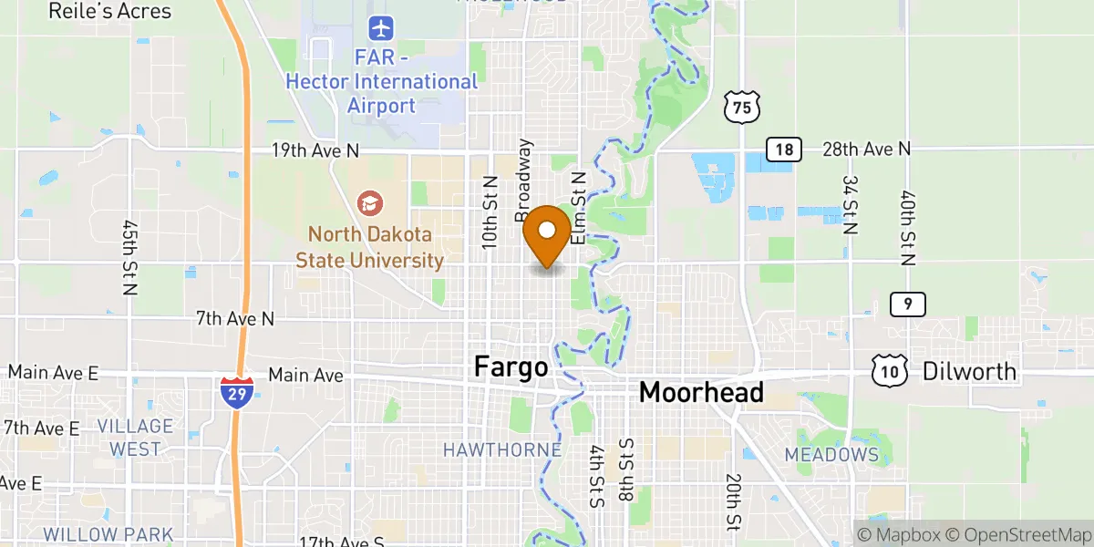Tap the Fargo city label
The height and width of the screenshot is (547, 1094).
511,367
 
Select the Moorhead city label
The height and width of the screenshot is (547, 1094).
701,393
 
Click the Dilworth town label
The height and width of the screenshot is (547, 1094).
969,371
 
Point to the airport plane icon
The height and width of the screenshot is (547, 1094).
381,29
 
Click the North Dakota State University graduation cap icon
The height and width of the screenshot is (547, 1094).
370,201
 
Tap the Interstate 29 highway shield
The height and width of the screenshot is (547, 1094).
236,390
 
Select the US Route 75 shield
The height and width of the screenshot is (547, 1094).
741,107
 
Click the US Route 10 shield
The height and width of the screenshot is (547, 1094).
889,369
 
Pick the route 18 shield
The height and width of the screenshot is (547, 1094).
783,150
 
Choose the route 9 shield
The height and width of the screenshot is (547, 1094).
908,304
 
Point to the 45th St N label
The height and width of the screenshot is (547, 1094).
129,256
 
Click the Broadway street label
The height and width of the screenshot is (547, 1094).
524,180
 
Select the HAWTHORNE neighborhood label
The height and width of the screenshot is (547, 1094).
501,449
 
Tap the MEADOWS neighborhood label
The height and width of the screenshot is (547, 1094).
831,454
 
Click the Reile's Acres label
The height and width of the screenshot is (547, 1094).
109,11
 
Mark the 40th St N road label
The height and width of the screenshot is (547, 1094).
908,228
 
